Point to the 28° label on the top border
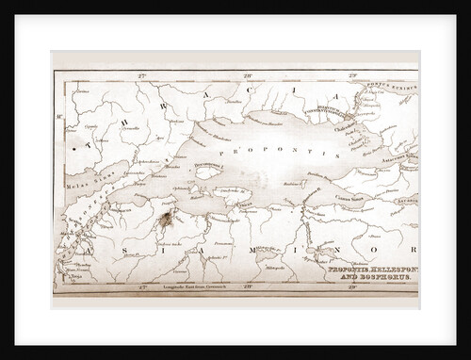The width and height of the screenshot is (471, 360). [x=248, y=74]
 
